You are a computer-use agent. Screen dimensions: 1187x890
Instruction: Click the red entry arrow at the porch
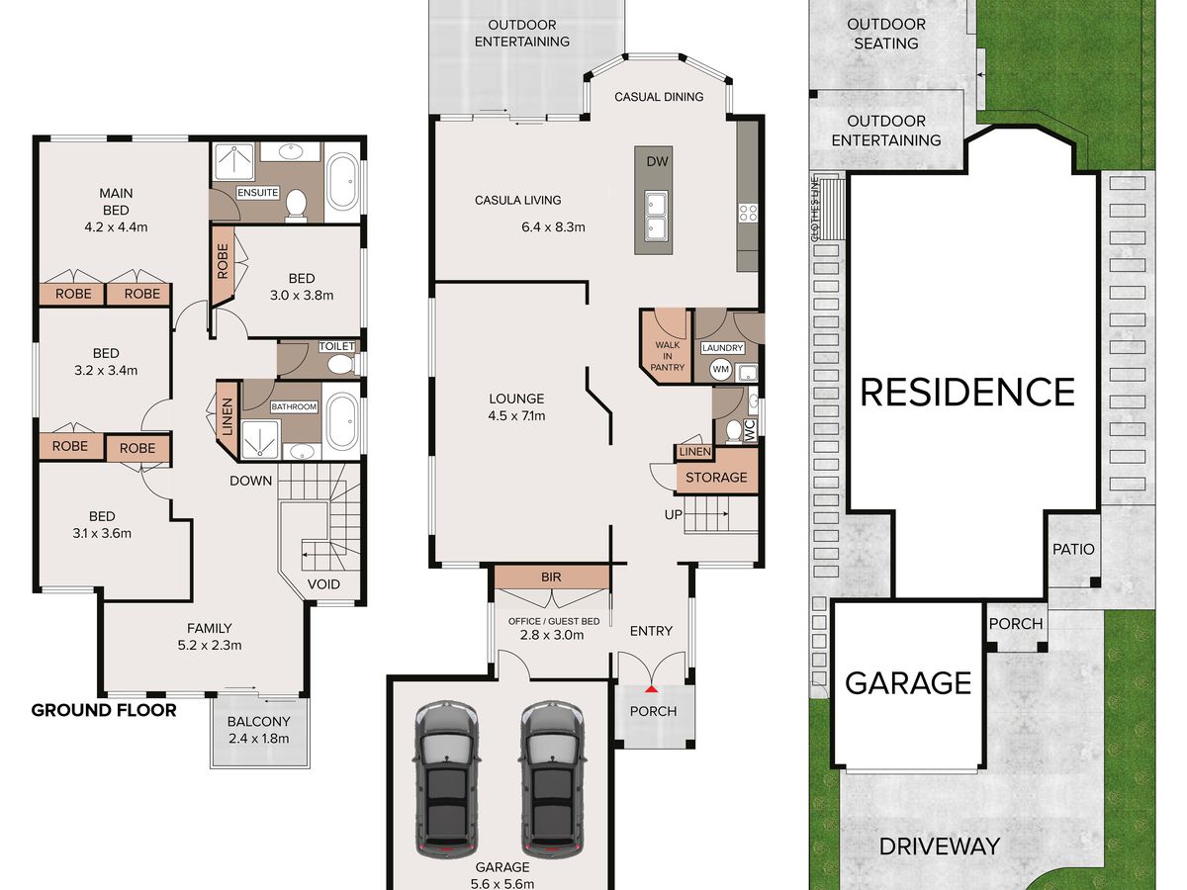[652, 689]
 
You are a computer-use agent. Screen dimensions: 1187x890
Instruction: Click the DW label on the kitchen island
[657, 161]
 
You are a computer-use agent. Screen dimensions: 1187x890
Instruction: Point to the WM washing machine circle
[720, 370]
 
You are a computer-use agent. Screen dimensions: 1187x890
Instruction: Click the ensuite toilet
[296, 206]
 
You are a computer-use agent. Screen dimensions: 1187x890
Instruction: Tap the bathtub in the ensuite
[343, 182]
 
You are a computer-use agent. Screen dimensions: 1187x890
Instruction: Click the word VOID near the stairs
[323, 584]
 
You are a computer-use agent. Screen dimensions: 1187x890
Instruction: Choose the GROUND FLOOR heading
[104, 710]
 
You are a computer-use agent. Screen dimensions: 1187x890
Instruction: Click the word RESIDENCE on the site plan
[967, 392]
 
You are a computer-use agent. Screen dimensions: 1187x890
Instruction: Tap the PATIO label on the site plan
[1073, 549]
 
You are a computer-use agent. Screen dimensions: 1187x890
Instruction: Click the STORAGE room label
[716, 478]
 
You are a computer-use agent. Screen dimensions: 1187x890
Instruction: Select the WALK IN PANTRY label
[668, 356]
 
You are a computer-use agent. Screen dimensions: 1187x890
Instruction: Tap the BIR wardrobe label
[551, 578]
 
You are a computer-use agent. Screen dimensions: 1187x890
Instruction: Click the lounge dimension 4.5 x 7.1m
[517, 416]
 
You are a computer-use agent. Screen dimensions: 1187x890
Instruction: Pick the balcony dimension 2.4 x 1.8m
[259, 738]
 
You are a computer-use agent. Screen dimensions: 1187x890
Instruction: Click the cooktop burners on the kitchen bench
[748, 213]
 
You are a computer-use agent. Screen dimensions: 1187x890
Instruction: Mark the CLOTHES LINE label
[815, 209]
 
